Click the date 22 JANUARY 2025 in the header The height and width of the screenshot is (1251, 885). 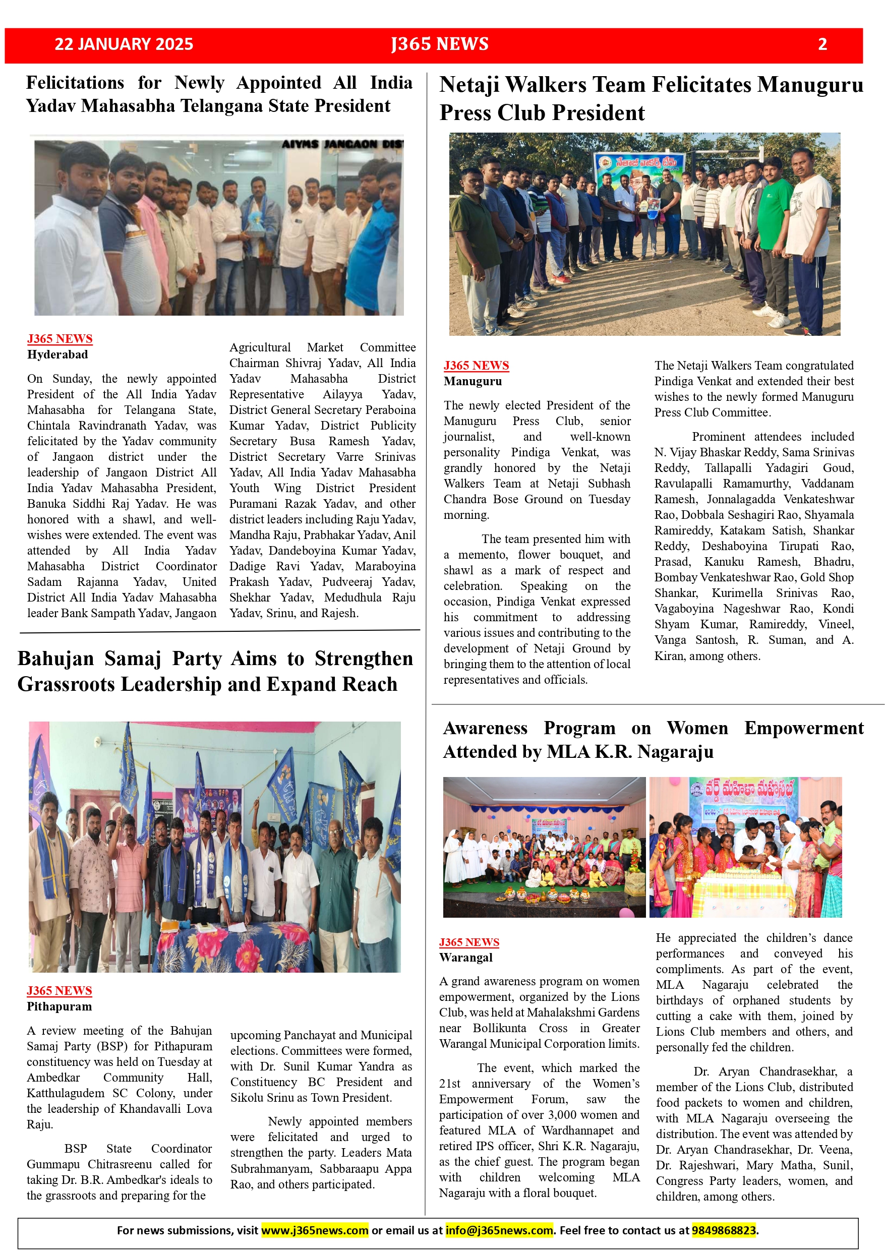(124, 44)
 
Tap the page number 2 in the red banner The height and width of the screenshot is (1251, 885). (822, 44)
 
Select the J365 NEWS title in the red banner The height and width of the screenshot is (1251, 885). (440, 44)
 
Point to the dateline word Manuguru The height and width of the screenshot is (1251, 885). (473, 381)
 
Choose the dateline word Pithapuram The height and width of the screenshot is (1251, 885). (60, 1006)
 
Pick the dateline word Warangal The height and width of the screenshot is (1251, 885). (466, 958)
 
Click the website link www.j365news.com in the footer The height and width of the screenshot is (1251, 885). (315, 1230)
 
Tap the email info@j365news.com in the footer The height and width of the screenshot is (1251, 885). (499, 1230)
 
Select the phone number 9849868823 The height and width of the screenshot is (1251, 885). (724, 1230)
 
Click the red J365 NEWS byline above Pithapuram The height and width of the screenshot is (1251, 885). (60, 990)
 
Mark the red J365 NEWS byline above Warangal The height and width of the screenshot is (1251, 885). (469, 942)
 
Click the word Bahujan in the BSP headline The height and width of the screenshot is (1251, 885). (55, 659)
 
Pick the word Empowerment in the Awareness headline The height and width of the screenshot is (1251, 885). (804, 728)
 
